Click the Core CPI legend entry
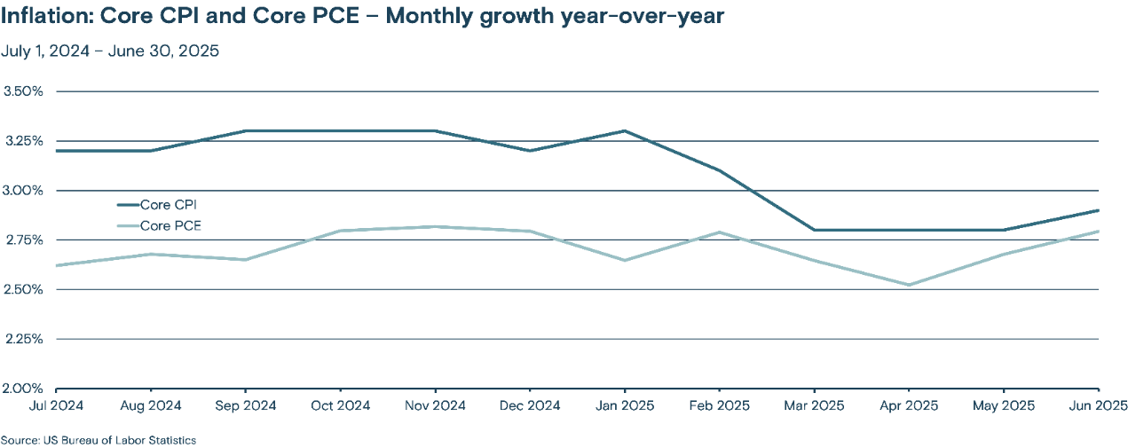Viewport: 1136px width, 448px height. (x=169, y=206)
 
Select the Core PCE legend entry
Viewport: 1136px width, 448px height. (x=170, y=226)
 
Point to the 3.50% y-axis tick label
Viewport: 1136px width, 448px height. (x=24, y=91)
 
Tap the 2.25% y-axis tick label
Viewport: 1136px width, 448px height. (x=24, y=339)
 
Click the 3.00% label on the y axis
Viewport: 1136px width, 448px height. (x=24, y=191)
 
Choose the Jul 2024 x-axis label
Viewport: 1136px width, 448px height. (x=56, y=406)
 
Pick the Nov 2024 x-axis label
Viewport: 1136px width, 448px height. (x=435, y=406)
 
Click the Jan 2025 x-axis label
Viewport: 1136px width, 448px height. (x=625, y=406)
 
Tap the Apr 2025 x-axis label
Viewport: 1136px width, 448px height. (x=909, y=406)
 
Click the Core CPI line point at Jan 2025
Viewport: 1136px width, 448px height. (x=625, y=130)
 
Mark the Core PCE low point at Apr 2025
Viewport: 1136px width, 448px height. (x=909, y=285)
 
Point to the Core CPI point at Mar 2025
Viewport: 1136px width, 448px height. (x=814, y=230)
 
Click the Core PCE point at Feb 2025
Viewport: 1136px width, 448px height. (x=720, y=232)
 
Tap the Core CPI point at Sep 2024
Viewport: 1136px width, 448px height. (x=245, y=130)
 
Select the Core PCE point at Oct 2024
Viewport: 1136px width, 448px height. (x=340, y=231)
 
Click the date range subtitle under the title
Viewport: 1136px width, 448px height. (x=110, y=51)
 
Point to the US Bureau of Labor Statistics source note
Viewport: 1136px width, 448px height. (x=99, y=440)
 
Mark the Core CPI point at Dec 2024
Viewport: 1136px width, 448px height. (x=530, y=151)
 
